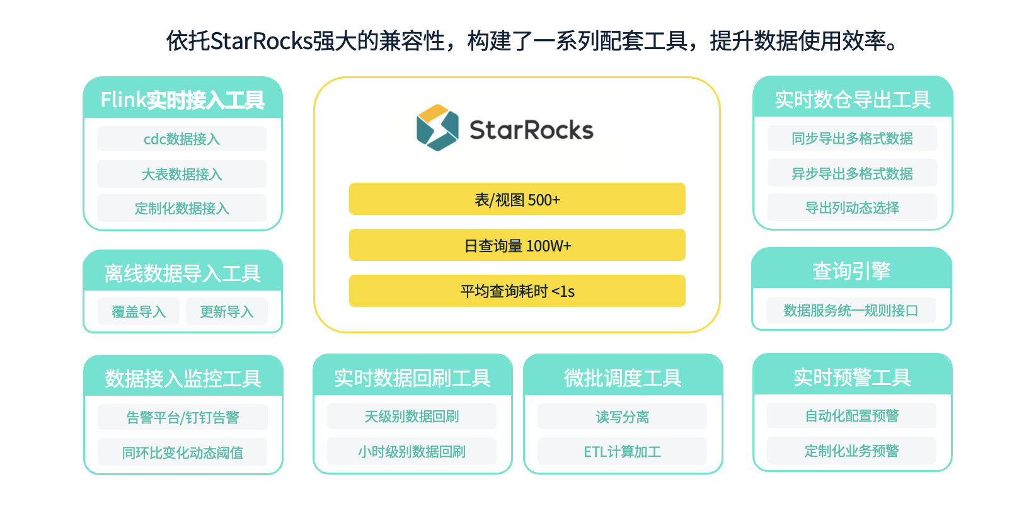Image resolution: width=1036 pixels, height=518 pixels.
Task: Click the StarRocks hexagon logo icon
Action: tap(437, 128)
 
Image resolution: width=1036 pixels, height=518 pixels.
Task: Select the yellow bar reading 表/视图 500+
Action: tap(517, 199)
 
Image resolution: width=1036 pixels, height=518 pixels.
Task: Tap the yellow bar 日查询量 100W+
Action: tap(517, 245)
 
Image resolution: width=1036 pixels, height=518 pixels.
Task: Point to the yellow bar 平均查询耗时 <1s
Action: tap(517, 291)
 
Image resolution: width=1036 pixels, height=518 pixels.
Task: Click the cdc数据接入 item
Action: tap(181, 139)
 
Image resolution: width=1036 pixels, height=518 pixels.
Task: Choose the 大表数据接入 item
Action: tap(181, 174)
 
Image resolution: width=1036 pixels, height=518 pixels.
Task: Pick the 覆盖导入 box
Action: tap(139, 311)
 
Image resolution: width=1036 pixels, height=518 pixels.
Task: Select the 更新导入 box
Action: tap(226, 311)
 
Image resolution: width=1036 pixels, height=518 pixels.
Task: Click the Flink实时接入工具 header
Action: tap(183, 99)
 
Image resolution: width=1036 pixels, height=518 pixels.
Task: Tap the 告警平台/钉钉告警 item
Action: tap(183, 417)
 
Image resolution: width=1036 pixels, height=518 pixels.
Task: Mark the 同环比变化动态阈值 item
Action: tap(183, 452)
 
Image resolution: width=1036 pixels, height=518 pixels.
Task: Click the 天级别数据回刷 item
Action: tap(412, 417)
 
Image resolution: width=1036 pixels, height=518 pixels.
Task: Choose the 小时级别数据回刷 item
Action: tap(412, 451)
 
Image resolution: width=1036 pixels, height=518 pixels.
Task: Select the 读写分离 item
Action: tap(622, 417)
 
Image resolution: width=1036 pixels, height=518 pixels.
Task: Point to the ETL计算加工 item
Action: tap(622, 451)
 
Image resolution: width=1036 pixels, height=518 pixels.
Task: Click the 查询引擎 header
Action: tap(851, 270)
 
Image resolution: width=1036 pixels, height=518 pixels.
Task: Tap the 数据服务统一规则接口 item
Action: tap(851, 310)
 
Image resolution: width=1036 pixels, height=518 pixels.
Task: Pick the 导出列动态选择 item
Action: tap(852, 207)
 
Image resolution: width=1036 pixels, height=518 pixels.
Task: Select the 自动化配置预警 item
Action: tap(851, 415)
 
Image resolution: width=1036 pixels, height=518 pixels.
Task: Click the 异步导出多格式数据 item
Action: tap(852, 173)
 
